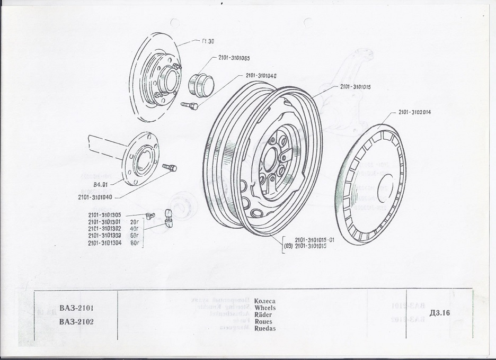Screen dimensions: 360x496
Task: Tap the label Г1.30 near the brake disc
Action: click(x=209, y=42)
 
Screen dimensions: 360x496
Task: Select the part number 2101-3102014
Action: click(x=415, y=112)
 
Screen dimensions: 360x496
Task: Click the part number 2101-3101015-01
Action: click(x=315, y=240)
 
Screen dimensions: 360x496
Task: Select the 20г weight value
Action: click(x=134, y=222)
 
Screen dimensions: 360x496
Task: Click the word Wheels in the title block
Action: click(x=265, y=307)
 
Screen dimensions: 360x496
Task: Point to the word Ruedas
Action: click(x=265, y=328)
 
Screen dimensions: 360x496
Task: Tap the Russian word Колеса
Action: click(x=265, y=300)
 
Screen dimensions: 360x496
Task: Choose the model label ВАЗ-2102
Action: click(x=77, y=321)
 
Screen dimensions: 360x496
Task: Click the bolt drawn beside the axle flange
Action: click(x=170, y=167)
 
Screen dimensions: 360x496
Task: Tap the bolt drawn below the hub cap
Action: click(x=190, y=106)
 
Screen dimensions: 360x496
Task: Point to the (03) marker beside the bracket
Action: click(x=288, y=246)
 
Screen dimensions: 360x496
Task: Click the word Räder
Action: click(x=263, y=314)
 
